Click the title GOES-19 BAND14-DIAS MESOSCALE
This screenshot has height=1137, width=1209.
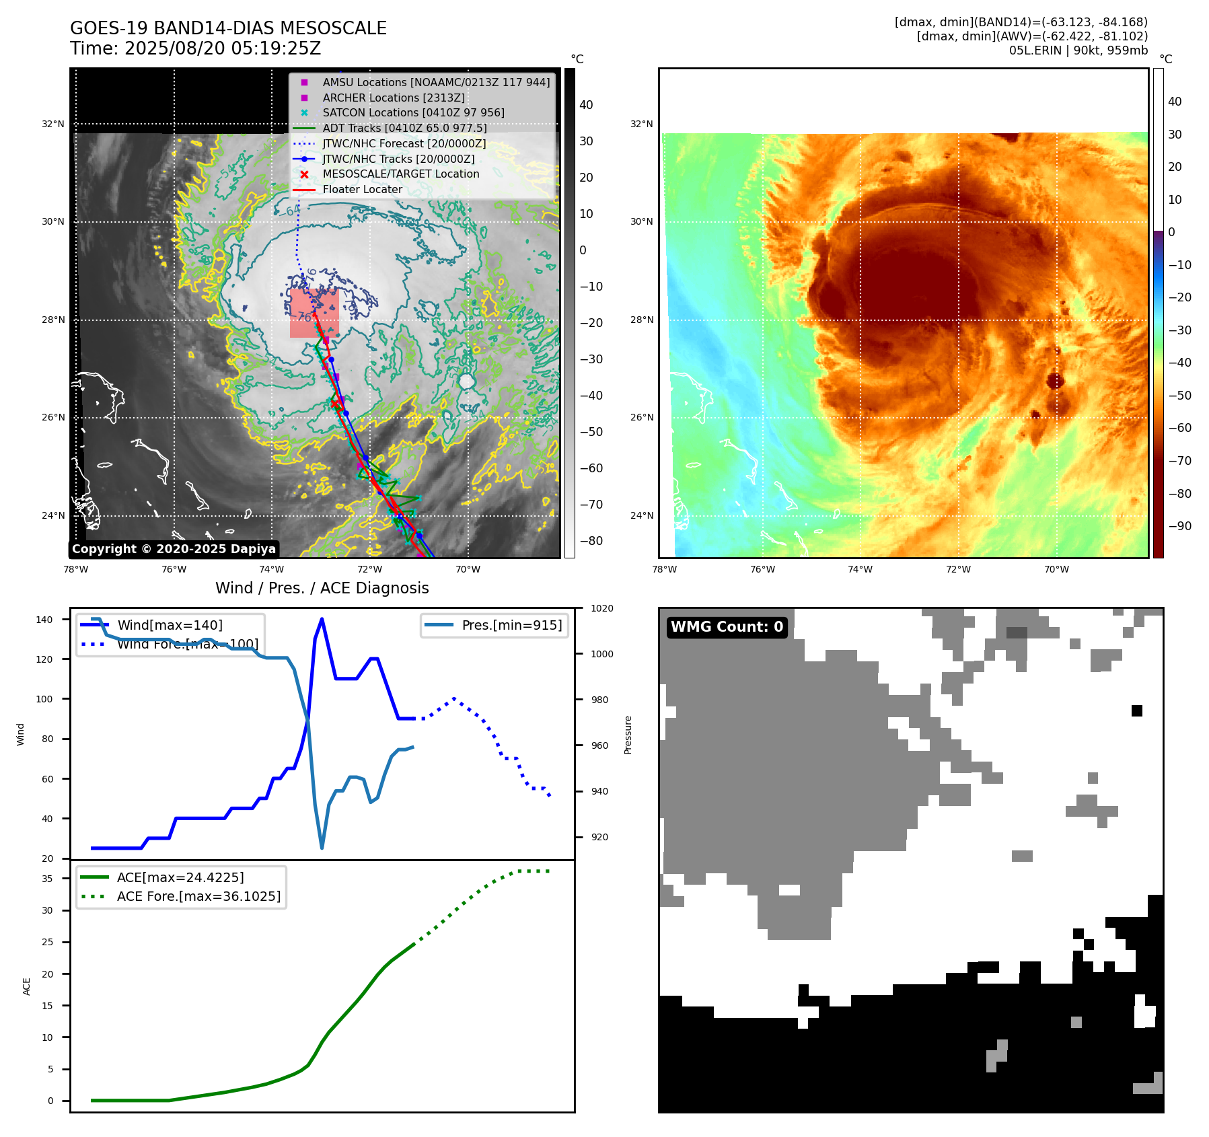[x=228, y=28]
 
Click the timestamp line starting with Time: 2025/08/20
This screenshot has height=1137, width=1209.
[x=195, y=48]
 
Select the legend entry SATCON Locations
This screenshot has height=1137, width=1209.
[x=413, y=112]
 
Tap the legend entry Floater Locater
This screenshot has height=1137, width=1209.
[x=362, y=189]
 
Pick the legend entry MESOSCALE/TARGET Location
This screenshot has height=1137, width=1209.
[x=401, y=174]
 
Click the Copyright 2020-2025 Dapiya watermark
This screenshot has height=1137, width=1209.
[x=174, y=549]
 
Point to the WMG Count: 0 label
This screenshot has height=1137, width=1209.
[x=727, y=627]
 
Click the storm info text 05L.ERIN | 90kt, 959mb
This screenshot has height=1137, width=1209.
[x=1078, y=50]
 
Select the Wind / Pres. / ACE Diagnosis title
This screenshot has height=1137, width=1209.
[x=322, y=588]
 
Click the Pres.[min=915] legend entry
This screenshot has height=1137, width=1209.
[x=511, y=625]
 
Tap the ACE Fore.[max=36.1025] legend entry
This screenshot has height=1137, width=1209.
[x=198, y=896]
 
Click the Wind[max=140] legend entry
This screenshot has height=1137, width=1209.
[x=170, y=625]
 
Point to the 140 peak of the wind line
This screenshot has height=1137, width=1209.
[x=322, y=619]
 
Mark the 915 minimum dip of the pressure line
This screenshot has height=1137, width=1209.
[x=322, y=848]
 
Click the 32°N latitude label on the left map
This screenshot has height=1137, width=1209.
[x=53, y=124]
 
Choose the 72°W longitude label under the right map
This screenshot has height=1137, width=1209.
[x=958, y=569]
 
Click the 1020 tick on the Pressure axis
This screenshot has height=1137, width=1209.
[x=601, y=608]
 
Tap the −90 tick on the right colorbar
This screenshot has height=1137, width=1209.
[x=1179, y=526]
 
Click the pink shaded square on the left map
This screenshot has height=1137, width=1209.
[x=314, y=314]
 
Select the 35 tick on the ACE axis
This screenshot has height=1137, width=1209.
[x=47, y=879]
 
